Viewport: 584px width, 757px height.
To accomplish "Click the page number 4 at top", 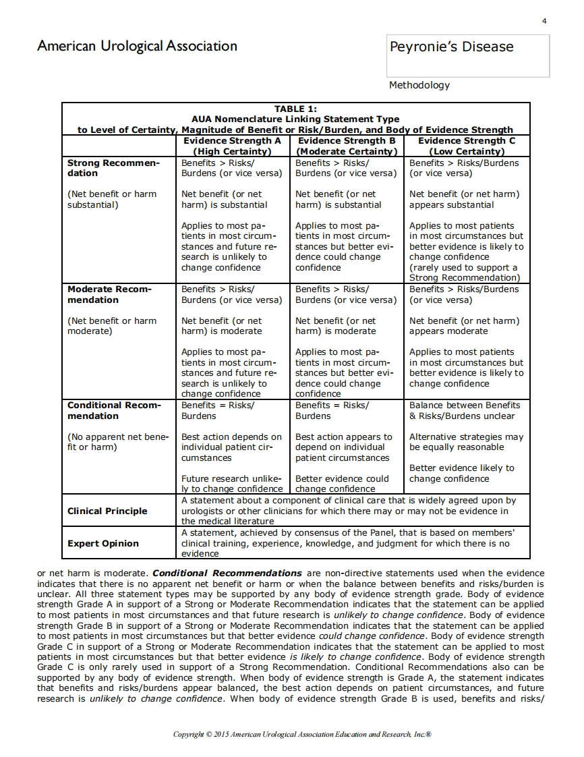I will click(x=544, y=21).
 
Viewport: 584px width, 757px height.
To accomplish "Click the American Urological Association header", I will click(x=137, y=47).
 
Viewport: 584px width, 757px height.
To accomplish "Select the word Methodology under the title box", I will click(x=419, y=85).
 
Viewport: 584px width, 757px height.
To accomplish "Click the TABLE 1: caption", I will click(x=295, y=109).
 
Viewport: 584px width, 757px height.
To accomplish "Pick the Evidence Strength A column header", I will click(x=232, y=146).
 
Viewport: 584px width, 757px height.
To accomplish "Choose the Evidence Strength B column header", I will click(x=346, y=146).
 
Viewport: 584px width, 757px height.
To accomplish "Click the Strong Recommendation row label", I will click(x=113, y=168).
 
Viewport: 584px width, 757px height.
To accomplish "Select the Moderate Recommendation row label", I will click(x=110, y=294).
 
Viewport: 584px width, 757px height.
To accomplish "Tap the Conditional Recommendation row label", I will click(x=114, y=410).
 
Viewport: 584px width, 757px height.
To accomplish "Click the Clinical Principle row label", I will click(x=107, y=511).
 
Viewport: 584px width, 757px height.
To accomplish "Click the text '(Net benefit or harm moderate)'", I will click(x=112, y=326).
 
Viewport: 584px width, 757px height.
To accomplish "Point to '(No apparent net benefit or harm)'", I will click(x=117, y=442).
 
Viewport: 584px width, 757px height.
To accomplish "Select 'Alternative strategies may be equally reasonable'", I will click(x=466, y=442).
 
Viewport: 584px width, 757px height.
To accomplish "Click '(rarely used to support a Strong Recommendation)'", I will click(x=464, y=273).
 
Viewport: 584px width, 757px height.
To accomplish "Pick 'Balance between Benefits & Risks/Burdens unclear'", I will click(x=465, y=410).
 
